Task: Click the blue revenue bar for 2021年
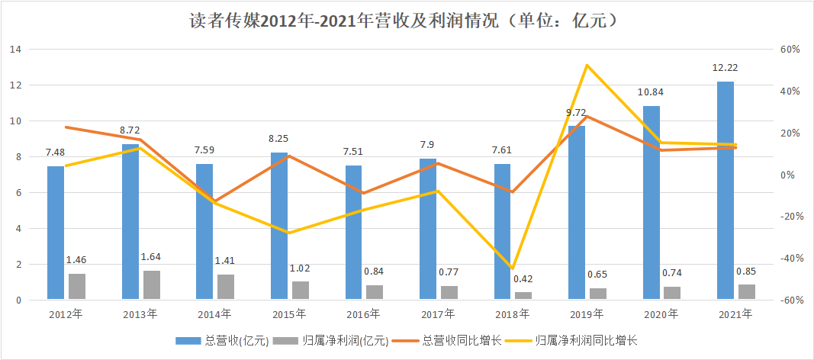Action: pos(725,191)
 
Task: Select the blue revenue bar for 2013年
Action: pos(130,221)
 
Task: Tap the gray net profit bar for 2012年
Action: pos(77,286)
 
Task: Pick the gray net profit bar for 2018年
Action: pos(523,295)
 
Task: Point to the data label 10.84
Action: pos(651,92)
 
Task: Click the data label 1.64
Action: pos(151,256)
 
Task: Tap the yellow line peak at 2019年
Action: pos(587,65)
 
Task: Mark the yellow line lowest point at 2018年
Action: pos(513,268)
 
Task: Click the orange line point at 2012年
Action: pos(66,127)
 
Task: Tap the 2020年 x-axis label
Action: pos(661,313)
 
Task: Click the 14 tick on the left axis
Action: pos(15,50)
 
